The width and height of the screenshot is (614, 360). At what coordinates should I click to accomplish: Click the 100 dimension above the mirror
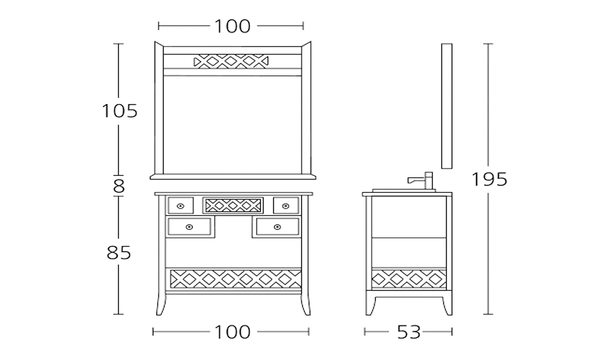point(232,26)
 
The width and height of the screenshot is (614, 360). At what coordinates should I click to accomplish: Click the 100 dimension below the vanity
point(232,332)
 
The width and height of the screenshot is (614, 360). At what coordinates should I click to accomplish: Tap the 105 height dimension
point(120,111)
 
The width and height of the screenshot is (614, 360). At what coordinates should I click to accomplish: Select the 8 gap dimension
point(119,186)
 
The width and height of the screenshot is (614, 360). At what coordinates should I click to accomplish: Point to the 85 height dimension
point(119,252)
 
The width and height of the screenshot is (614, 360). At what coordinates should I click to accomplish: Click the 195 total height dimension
point(489,180)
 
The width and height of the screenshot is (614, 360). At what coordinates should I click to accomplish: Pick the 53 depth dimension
point(409,332)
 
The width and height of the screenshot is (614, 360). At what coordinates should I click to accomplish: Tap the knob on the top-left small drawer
point(181,206)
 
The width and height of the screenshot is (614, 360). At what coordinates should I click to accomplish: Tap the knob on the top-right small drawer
point(286,206)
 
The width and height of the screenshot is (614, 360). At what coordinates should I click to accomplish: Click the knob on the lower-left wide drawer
point(189,227)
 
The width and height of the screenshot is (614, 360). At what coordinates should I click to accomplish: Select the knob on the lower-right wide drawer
point(278,227)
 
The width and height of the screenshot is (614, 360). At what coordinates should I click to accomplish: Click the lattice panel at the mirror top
point(231,61)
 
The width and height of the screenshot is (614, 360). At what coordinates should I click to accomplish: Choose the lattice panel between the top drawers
point(233,205)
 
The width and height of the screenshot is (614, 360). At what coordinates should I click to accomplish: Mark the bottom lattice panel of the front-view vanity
point(235,279)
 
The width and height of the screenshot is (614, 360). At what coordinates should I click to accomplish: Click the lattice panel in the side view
point(409,279)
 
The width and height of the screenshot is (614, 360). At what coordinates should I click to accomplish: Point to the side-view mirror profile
point(447,106)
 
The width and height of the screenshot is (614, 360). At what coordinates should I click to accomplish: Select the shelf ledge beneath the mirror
point(233,177)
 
